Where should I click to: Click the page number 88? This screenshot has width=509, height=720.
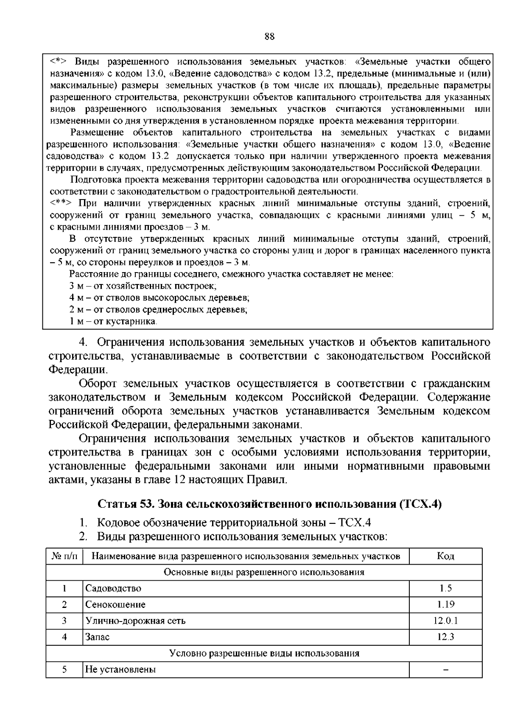tap(269, 37)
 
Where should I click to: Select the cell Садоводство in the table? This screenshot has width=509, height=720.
tap(113, 588)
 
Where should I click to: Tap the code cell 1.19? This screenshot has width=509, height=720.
tap(445, 605)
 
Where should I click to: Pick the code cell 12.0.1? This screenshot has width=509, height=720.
tap(445, 621)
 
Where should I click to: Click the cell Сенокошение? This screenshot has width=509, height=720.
tap(115, 605)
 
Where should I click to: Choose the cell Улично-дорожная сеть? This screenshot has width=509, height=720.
tap(135, 621)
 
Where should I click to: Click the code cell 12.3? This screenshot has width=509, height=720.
tap(445, 637)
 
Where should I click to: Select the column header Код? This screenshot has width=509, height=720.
tap(445, 556)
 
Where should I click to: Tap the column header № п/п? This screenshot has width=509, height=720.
tap(64, 556)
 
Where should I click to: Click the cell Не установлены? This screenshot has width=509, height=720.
tap(120, 669)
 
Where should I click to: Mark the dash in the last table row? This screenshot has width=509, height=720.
tap(445, 669)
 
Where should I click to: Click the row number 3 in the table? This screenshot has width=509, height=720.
tap(64, 621)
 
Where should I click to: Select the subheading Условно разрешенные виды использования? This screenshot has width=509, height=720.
tap(264, 653)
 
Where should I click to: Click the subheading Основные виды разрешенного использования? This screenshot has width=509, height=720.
tap(264, 572)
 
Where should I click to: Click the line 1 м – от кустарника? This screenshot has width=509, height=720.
tap(113, 321)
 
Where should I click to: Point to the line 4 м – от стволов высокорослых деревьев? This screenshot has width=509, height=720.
tap(159, 298)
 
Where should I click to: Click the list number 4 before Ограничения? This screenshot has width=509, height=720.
tap(84, 342)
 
